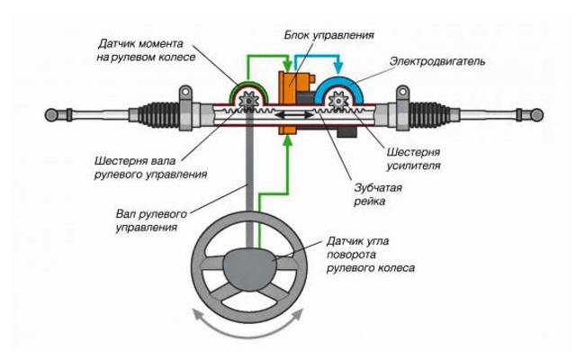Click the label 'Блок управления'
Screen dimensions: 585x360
(x=328, y=35)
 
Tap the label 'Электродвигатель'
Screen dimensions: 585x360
(x=437, y=61)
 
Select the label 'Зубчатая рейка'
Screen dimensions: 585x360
(x=378, y=194)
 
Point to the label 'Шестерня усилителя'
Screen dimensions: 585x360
(x=413, y=158)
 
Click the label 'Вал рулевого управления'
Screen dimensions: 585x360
(x=151, y=220)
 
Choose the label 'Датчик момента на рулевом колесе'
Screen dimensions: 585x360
(x=146, y=50)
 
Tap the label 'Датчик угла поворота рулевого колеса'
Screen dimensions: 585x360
(x=371, y=255)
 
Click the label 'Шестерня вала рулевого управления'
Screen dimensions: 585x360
(x=150, y=168)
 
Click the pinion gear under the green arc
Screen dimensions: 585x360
(x=248, y=100)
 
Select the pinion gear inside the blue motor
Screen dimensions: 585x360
(x=338, y=100)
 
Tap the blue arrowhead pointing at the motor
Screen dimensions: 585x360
(x=338, y=68)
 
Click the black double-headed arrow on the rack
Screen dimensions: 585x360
(x=294, y=115)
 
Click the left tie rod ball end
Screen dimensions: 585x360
(x=51, y=115)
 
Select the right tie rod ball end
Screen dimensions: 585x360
(x=536, y=115)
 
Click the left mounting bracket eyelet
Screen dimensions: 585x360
(x=185, y=92)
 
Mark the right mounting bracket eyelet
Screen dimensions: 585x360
(x=402, y=92)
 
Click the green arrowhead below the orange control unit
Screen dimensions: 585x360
(x=288, y=141)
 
